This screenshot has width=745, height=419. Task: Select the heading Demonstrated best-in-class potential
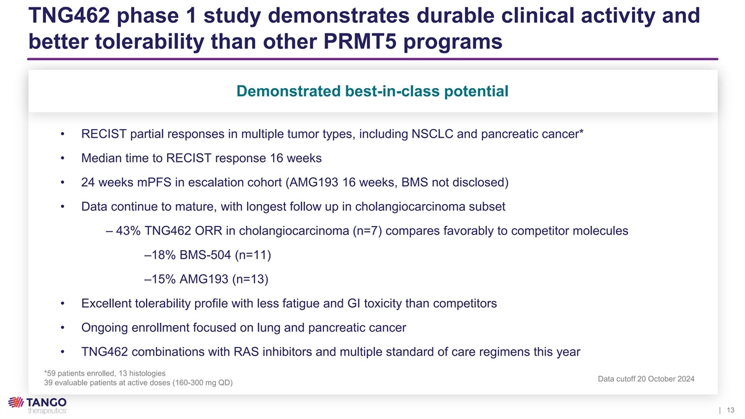click(372, 91)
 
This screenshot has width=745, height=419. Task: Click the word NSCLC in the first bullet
click(432, 134)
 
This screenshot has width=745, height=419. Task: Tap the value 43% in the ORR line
click(129, 231)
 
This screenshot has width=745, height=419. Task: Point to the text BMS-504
click(205, 255)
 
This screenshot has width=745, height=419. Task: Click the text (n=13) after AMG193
click(250, 279)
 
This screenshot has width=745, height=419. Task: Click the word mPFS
click(154, 182)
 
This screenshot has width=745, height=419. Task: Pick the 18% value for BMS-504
click(163, 255)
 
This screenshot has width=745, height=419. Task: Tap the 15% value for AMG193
click(163, 279)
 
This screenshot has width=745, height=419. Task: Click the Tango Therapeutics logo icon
click(16, 402)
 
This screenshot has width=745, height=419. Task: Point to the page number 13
click(730, 410)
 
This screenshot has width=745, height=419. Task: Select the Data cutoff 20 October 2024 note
click(646, 379)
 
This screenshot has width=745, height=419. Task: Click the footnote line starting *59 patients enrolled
click(105, 374)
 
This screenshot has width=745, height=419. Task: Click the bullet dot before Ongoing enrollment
click(63, 328)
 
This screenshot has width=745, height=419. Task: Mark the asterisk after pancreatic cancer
click(581, 132)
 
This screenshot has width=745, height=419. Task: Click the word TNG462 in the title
click(69, 16)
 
